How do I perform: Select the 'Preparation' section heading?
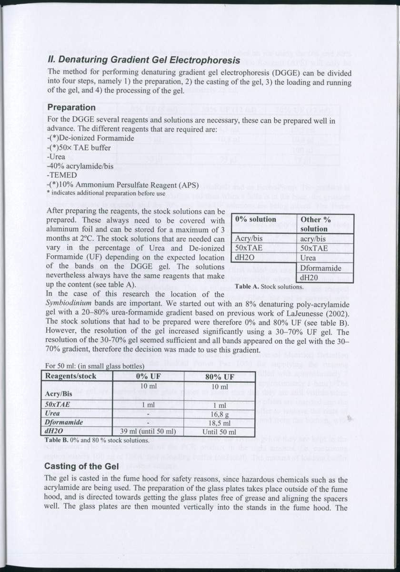point(71,107)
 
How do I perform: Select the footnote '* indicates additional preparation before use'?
point(106,193)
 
